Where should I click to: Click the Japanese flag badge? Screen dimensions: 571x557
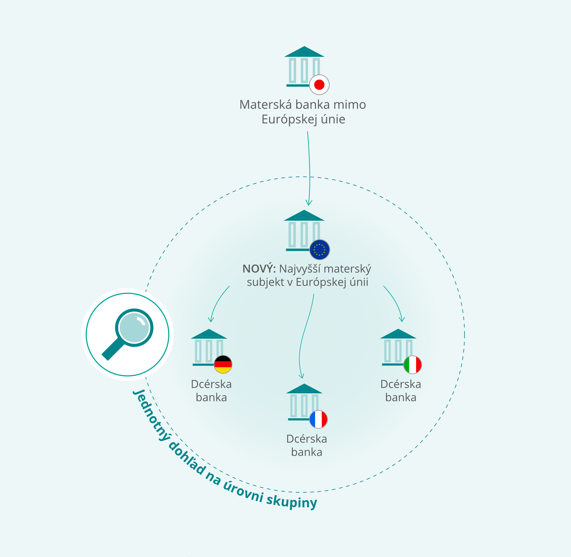click(319, 85)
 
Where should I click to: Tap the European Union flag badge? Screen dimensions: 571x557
click(320, 249)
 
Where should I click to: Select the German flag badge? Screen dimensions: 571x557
click(223, 364)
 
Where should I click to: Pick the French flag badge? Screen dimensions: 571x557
click(319, 419)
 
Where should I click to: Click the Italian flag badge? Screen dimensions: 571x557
click(413, 364)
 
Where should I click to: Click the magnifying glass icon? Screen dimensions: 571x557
click(127, 334)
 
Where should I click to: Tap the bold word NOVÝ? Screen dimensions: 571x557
click(259, 268)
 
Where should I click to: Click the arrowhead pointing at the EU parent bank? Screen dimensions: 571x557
click(309, 203)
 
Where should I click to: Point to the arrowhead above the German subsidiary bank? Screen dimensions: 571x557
click(211, 319)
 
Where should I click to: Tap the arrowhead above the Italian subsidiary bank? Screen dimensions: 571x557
click(402, 319)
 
